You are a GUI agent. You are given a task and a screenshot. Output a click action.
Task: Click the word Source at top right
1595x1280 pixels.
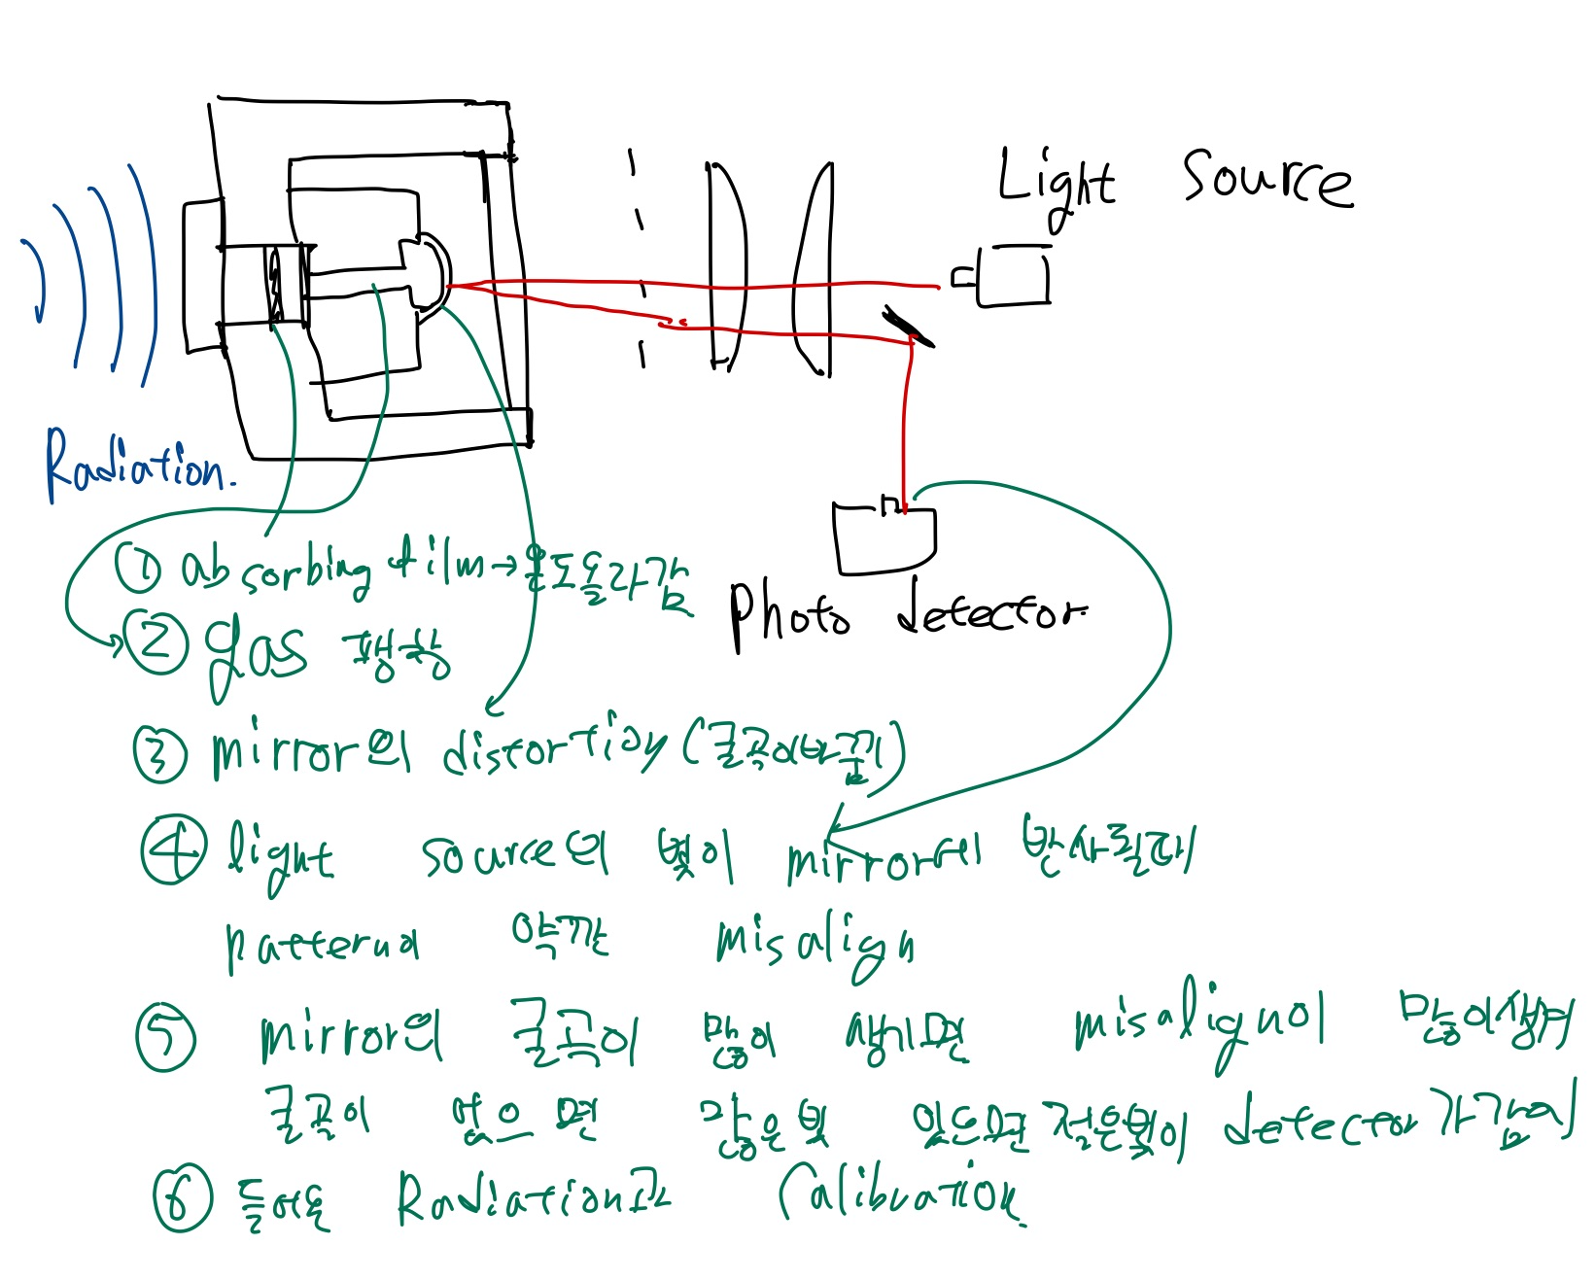coord(1266,179)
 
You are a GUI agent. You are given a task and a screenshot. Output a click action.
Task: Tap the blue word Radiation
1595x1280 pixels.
coord(136,465)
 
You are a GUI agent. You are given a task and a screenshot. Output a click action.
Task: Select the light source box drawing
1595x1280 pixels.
coord(1012,276)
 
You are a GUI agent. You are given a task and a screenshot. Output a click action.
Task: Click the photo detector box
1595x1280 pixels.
coord(884,538)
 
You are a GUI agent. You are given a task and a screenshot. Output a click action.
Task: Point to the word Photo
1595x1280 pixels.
coord(788,614)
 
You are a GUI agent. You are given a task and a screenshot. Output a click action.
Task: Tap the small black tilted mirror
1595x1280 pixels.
coord(909,327)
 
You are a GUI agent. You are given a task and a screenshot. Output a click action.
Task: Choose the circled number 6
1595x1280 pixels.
coord(182,1196)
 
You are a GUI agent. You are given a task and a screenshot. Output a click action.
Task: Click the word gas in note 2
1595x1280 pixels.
coord(255,650)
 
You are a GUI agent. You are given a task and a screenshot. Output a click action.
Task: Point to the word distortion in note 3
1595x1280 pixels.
coord(554,751)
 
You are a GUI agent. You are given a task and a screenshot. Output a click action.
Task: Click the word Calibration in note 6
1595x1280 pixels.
coord(899,1198)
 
